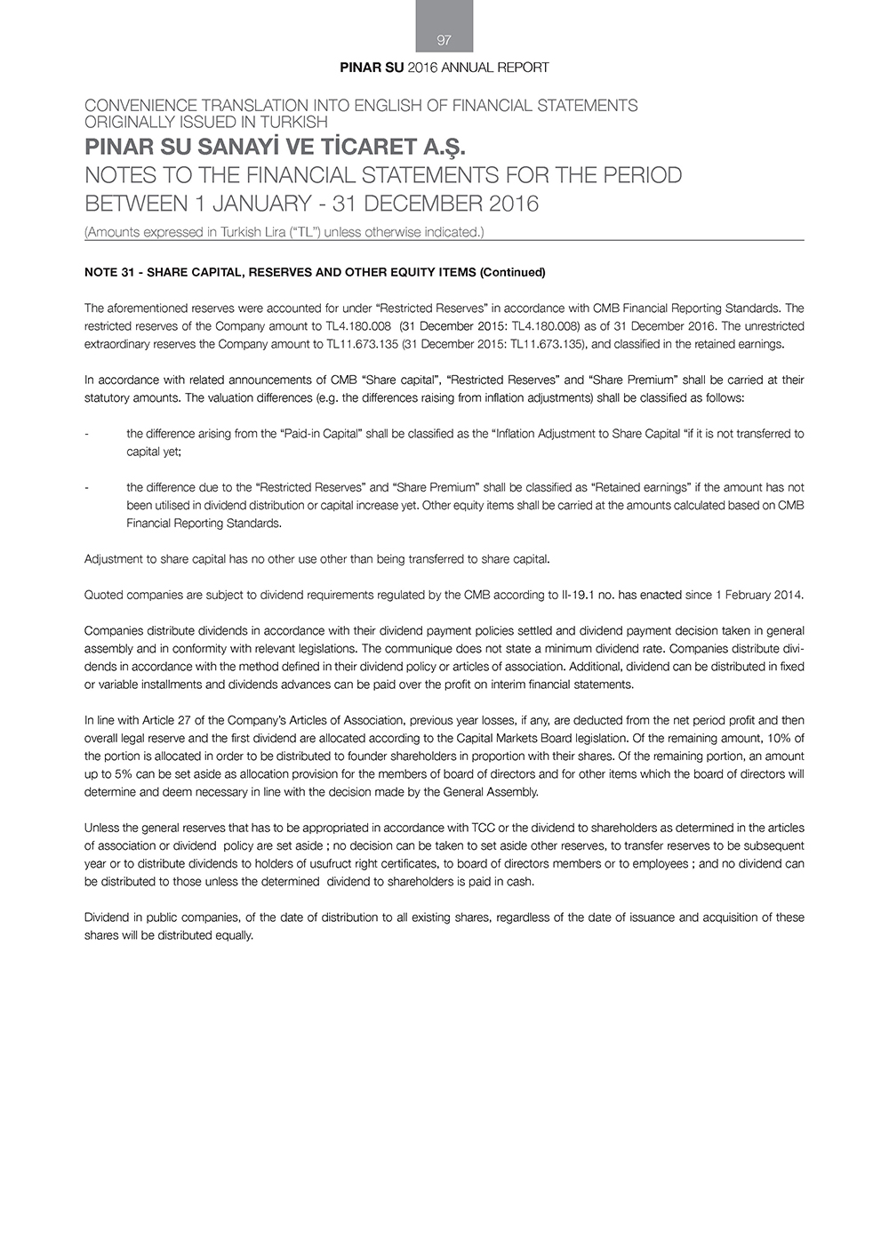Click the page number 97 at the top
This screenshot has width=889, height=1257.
click(x=444, y=40)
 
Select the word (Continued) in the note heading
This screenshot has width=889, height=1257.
click(x=512, y=272)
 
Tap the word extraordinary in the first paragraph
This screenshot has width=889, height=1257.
click(x=114, y=344)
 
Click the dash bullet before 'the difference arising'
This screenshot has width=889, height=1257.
click(x=86, y=434)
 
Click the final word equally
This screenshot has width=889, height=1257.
click(x=234, y=935)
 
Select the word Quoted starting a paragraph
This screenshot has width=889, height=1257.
click(x=103, y=595)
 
